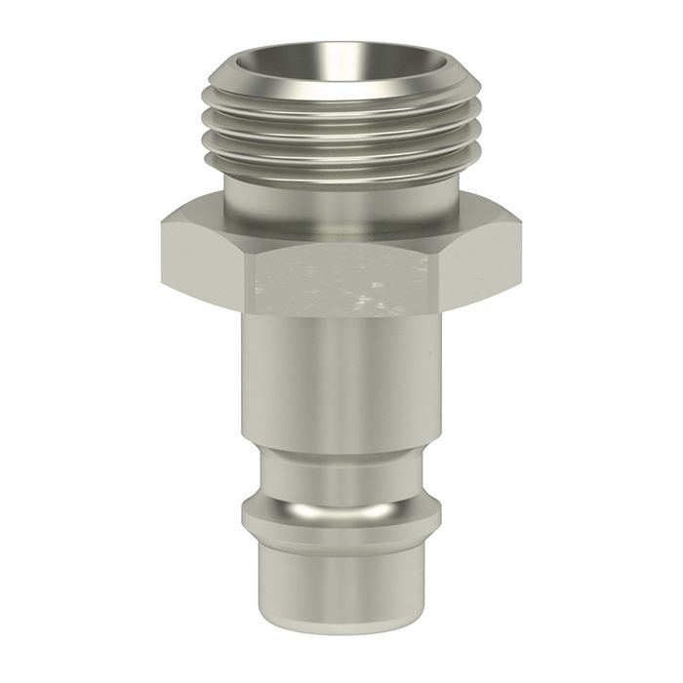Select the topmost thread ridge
point(341,104)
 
